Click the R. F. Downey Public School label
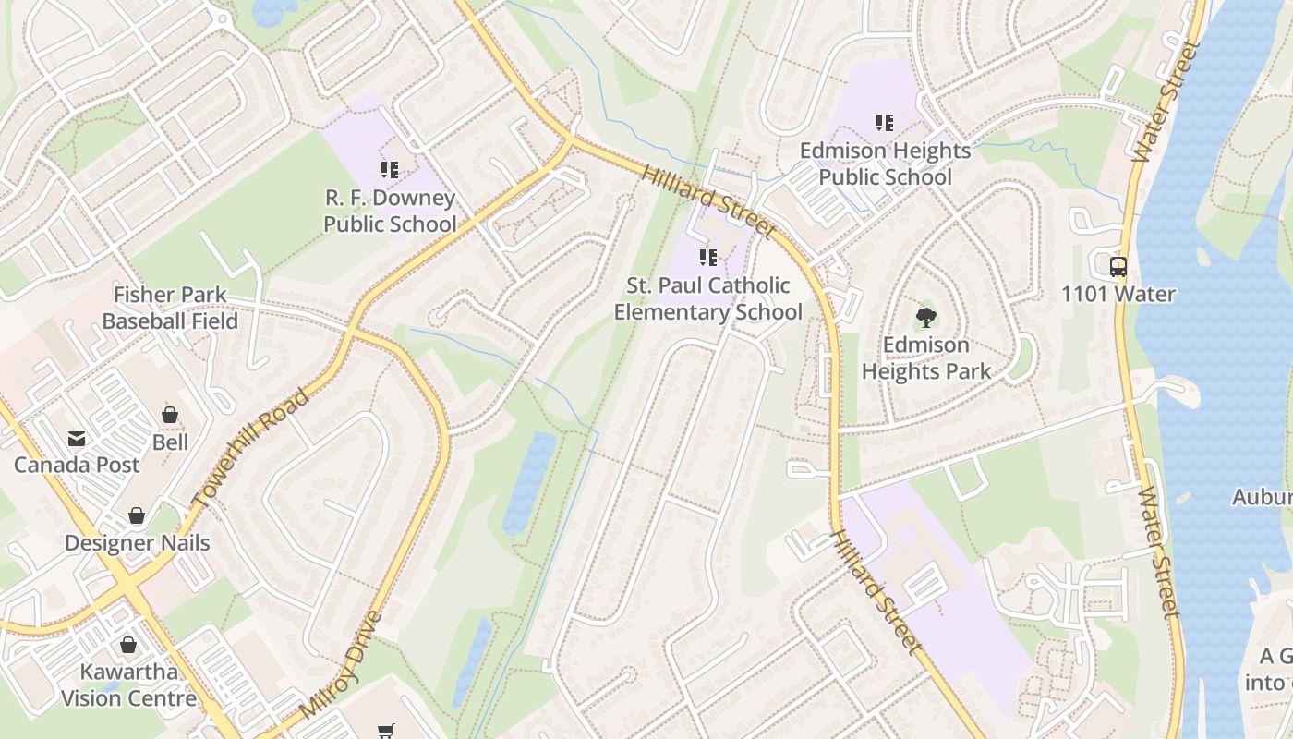[x=389, y=212]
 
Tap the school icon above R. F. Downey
[x=389, y=170]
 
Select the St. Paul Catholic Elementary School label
[x=708, y=298]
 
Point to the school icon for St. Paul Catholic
[x=708, y=258]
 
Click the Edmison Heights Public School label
[x=885, y=164]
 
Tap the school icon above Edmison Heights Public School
[x=885, y=122]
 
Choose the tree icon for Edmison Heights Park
[x=925, y=318]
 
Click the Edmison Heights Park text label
[x=925, y=358]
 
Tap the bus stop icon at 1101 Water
[x=1118, y=267]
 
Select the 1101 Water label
[x=1118, y=295]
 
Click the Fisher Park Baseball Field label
[x=170, y=309]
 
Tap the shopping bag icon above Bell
[x=170, y=415]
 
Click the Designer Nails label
[x=137, y=543]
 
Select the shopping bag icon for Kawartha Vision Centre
[x=128, y=645]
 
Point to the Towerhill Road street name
[x=251, y=448]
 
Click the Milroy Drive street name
[x=343, y=665]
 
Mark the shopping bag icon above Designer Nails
[x=137, y=515]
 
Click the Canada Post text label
[x=76, y=465]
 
